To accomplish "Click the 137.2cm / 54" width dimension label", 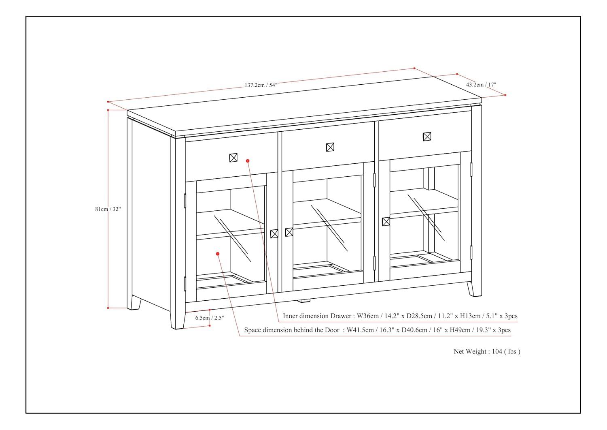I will point(261,85).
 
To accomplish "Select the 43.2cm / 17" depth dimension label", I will point(481,85).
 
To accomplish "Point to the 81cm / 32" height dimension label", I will point(108,209).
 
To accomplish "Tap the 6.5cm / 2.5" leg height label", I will point(209,318).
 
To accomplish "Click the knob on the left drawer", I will point(233,158).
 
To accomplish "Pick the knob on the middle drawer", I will point(330,147).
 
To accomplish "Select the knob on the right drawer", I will point(427,137).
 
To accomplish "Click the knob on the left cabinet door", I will point(274,233).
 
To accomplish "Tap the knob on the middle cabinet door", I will point(289,232).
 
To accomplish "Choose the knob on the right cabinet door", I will point(386,221).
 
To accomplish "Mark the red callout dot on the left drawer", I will point(248,161).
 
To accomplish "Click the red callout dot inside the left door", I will point(218,254).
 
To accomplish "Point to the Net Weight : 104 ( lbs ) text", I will point(487,351).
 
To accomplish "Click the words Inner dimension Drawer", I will point(317,316).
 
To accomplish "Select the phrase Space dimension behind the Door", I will point(292,330).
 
